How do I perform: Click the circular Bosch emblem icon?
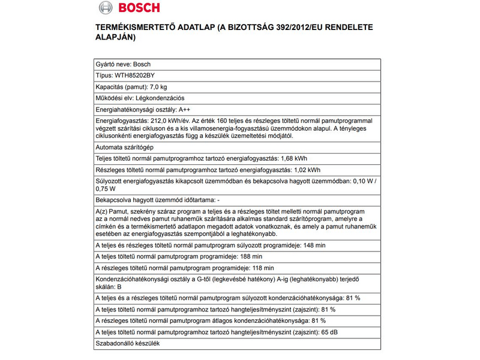click(105, 9)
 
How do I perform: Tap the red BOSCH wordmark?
click(138, 9)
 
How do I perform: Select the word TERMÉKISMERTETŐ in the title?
click(136, 28)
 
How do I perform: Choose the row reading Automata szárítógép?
click(124, 147)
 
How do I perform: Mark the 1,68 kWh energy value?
click(294, 158)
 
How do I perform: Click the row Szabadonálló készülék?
click(128, 343)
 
